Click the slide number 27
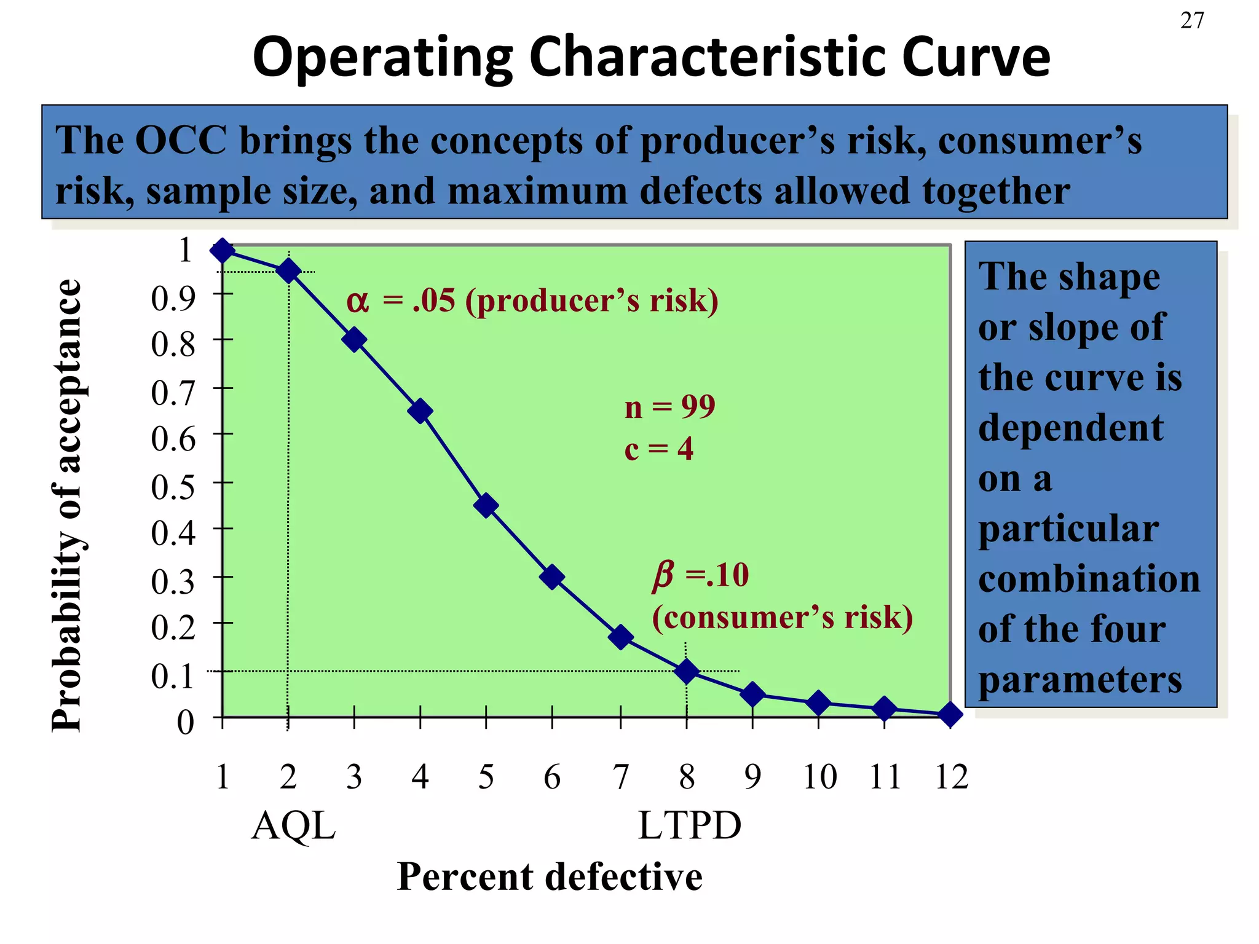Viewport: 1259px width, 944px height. [1192, 21]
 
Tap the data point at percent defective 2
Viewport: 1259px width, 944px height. [288, 271]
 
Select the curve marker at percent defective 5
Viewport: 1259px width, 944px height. [486, 505]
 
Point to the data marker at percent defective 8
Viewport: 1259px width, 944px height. [687, 671]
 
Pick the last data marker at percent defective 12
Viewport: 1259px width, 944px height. [950, 714]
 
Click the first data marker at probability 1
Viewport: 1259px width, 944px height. [223, 250]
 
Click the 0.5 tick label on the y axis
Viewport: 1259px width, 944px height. [173, 486]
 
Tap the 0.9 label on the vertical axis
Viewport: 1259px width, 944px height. [173, 298]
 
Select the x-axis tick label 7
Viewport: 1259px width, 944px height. [621, 777]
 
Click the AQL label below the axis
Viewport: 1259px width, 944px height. [294, 825]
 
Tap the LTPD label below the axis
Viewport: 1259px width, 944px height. [690, 825]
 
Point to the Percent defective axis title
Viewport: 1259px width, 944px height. [550, 876]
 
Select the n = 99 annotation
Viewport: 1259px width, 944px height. [669, 407]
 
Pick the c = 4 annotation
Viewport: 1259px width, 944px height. [658, 449]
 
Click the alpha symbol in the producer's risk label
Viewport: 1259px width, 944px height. [358, 302]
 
